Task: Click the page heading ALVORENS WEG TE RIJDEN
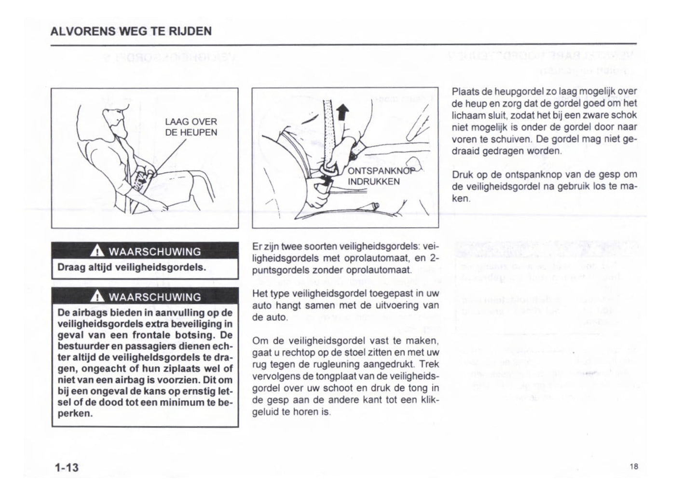point(131,31)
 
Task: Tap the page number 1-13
point(67,467)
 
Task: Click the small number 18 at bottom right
point(633,466)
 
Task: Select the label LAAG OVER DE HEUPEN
point(191,127)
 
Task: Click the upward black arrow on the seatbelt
point(342,112)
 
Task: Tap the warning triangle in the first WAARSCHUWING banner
point(97,251)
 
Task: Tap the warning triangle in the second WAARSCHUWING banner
point(97,297)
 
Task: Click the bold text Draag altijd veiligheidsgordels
point(132,267)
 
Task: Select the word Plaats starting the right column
point(464,91)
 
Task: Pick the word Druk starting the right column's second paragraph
point(462,175)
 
